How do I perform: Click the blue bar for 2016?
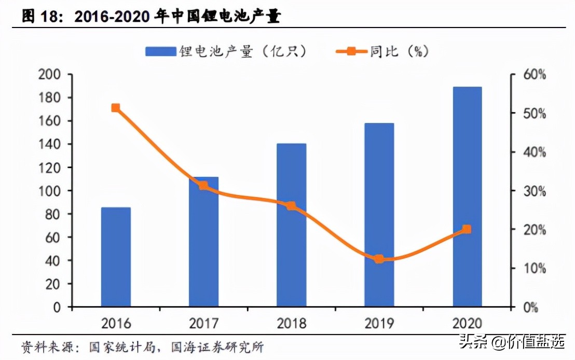click(x=116, y=257)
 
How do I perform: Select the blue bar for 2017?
click(x=203, y=242)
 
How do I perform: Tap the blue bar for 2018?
click(x=291, y=225)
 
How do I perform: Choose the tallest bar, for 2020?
click(x=467, y=197)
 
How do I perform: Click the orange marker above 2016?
click(x=116, y=108)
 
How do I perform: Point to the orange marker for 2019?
click(x=379, y=259)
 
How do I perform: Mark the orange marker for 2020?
click(x=467, y=229)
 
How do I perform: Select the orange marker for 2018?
click(x=291, y=206)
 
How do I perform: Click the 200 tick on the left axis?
click(x=50, y=75)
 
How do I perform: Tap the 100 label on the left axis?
click(x=50, y=191)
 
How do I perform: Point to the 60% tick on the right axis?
click(x=534, y=75)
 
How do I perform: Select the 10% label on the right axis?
click(x=534, y=268)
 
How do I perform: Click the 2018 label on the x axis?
click(x=291, y=323)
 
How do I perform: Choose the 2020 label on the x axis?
click(x=467, y=323)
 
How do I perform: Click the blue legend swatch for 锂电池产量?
click(x=160, y=51)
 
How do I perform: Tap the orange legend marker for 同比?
click(x=351, y=51)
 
